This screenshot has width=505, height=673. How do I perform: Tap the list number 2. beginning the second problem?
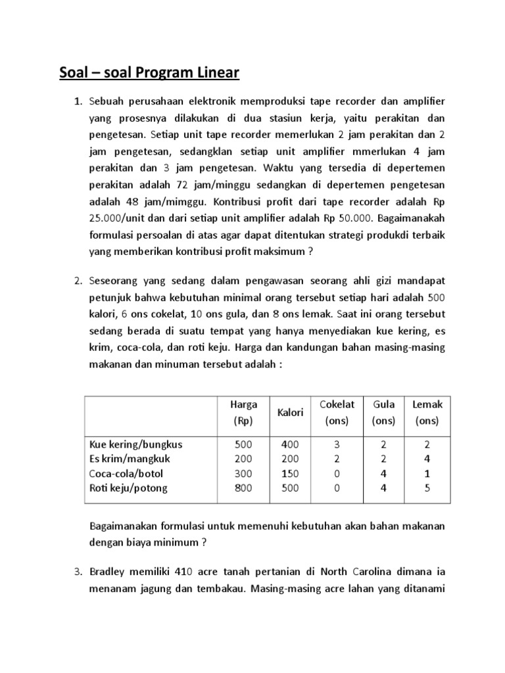point(77,281)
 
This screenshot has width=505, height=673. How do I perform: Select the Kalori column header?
point(290,412)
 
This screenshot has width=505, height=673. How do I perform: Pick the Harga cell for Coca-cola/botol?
point(243,473)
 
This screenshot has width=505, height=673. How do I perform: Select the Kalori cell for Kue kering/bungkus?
point(290,444)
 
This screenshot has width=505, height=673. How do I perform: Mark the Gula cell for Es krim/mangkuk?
point(383,459)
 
